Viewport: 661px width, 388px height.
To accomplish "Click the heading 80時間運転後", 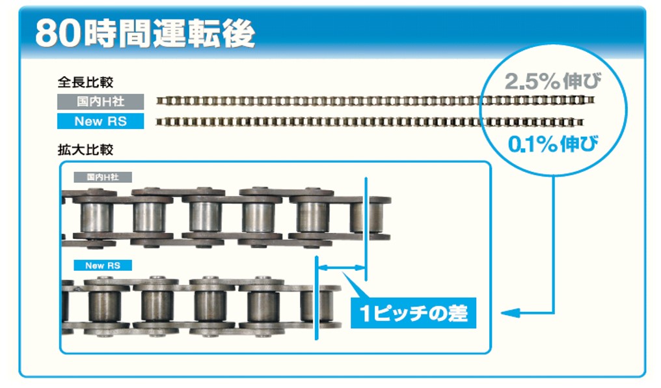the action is pyautogui.click(x=145, y=33).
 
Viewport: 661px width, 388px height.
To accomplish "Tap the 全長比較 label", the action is pyautogui.click(x=86, y=82).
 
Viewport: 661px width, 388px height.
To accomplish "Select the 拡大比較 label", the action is pyautogui.click(x=86, y=150).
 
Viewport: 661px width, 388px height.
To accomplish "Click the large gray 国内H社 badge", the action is pyautogui.click(x=100, y=102).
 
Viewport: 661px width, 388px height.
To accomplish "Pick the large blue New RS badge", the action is pyautogui.click(x=100, y=121).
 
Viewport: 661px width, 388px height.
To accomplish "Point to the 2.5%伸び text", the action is pyautogui.click(x=552, y=81).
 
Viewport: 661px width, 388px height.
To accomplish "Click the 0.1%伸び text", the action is pyautogui.click(x=552, y=145).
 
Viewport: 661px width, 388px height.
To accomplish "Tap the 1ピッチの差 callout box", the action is pyautogui.click(x=413, y=313).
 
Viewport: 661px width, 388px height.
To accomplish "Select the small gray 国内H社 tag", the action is pyautogui.click(x=103, y=177).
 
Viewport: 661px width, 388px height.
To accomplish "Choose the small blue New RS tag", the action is pyautogui.click(x=103, y=265).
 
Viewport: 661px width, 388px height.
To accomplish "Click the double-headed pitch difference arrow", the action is pyautogui.click(x=341, y=267).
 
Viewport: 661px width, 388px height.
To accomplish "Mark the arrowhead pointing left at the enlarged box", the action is pyautogui.click(x=510, y=313).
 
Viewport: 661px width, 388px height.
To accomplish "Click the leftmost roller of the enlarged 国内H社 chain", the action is pyautogui.click(x=96, y=217).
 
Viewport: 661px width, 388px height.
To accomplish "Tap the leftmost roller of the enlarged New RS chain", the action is pyautogui.click(x=104, y=305).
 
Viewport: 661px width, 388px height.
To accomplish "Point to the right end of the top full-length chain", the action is pyautogui.click(x=593, y=100).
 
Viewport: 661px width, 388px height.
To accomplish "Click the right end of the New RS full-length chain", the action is pyautogui.click(x=582, y=122).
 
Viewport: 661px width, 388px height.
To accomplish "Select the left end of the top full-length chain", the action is pyautogui.click(x=157, y=100).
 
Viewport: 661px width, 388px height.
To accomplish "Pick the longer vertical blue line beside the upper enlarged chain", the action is pyautogui.click(x=366, y=229).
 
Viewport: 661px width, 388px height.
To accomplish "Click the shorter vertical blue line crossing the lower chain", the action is pyautogui.click(x=317, y=298).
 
